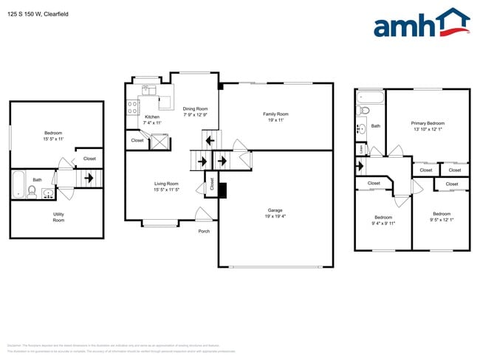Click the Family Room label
(275, 117)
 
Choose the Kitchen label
(152, 120)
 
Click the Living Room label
(166, 187)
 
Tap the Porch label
(204, 231)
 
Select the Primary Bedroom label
(428, 125)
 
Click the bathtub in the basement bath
(18, 185)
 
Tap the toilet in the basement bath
(32, 192)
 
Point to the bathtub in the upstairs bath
(369, 97)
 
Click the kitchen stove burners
(133, 108)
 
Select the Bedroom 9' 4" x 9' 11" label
(383, 221)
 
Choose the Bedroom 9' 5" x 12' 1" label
(442, 217)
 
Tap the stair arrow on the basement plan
(89, 178)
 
